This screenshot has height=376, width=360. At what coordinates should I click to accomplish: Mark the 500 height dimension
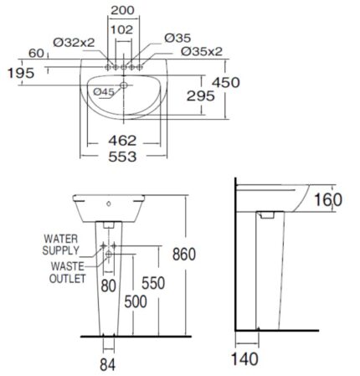tap(136, 301)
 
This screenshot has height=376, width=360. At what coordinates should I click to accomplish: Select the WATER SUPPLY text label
tap(64, 243)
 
